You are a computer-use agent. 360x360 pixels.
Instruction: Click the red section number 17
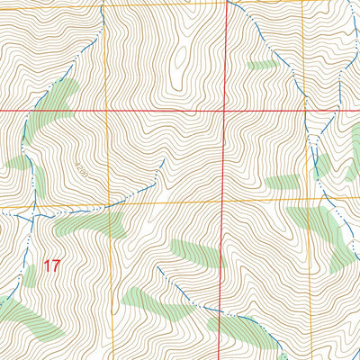coord(51,266)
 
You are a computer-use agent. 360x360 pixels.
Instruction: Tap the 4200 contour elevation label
coord(84,167)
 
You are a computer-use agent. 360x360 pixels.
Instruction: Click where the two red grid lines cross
coord(224,111)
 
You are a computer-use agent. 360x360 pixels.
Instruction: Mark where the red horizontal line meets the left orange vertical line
coord(106,111)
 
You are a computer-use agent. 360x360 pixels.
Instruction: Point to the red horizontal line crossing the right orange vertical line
coord(305,111)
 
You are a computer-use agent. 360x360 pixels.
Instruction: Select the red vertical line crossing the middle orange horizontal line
coord(224,202)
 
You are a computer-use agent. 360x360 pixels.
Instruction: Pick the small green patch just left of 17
coord(29,274)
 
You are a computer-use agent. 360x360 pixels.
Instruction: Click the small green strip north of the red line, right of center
coord(261,65)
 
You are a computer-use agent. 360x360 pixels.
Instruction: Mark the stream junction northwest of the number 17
coord(34,216)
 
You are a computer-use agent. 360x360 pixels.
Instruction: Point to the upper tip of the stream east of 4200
coord(163,160)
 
